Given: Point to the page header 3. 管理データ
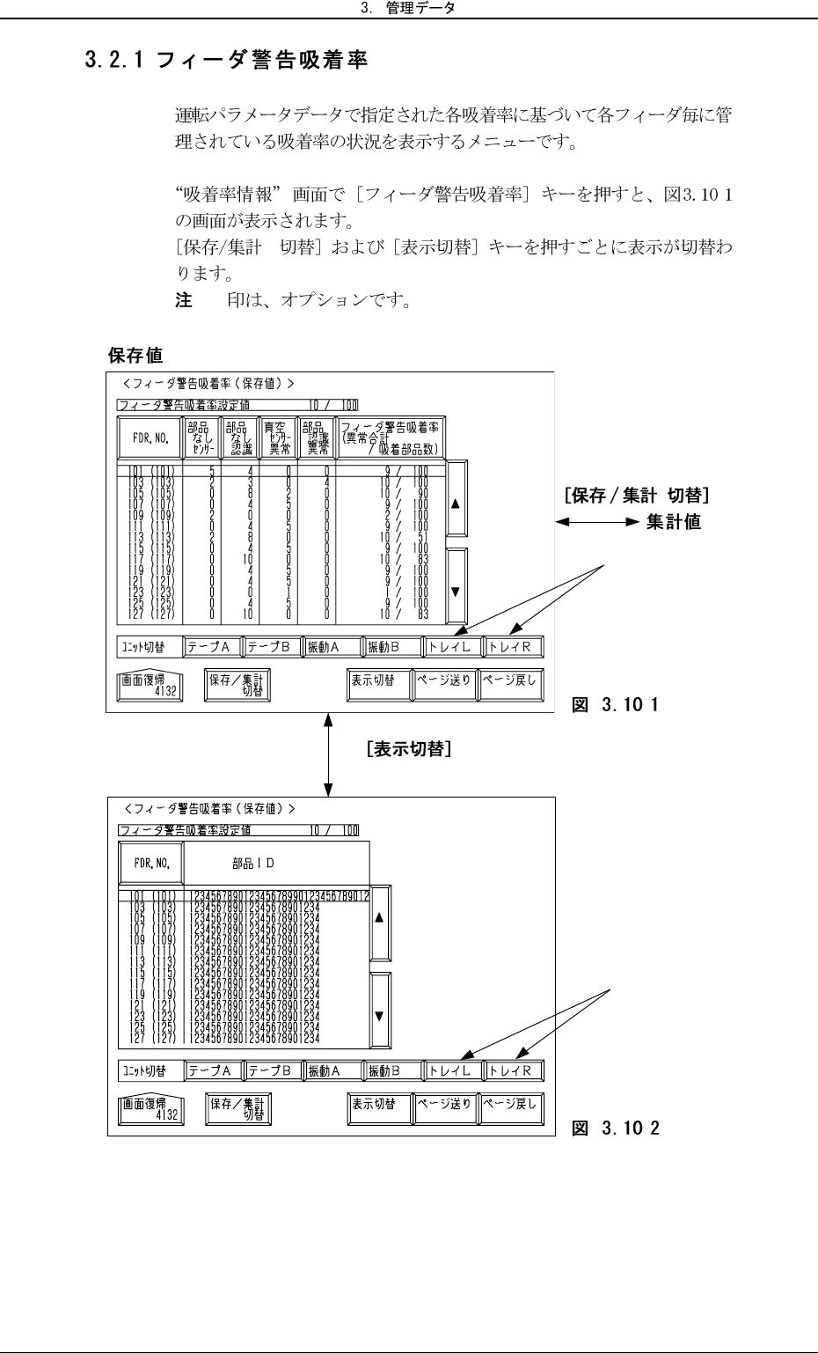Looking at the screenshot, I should [x=409, y=9].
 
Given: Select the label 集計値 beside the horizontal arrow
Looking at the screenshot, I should [x=674, y=522].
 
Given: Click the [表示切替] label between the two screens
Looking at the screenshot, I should [x=410, y=750].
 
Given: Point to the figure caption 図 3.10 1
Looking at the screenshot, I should [x=616, y=704].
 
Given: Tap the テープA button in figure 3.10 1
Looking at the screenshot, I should [x=211, y=647].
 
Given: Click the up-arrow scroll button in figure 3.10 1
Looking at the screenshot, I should [x=456, y=505].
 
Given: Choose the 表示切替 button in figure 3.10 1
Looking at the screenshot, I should [x=378, y=684].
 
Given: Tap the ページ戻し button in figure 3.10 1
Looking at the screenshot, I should [x=511, y=684].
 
